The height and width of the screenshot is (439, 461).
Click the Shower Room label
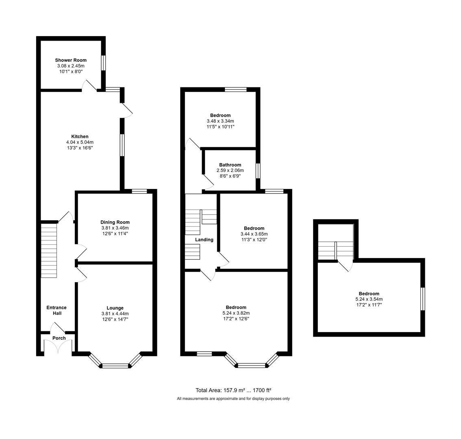[x=71, y=60]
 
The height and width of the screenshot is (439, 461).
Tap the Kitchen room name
[x=80, y=137]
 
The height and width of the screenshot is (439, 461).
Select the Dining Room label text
[x=115, y=222]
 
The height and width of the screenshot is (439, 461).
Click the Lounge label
[x=115, y=308]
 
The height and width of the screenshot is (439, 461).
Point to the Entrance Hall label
[x=57, y=311]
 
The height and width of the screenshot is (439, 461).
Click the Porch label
[x=59, y=338]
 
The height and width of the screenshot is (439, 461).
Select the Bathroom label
[x=230, y=165]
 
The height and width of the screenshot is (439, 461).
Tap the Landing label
[x=204, y=240]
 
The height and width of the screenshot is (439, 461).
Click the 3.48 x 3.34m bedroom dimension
[x=220, y=121]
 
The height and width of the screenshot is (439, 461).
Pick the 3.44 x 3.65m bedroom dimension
[x=254, y=234]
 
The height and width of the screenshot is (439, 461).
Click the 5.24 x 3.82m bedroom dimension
[x=236, y=313]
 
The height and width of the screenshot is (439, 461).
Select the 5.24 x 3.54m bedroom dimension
[x=369, y=299]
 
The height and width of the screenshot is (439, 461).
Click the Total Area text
[x=233, y=390]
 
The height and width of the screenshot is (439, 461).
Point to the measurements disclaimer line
[x=233, y=399]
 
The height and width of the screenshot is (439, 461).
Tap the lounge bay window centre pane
[x=115, y=366]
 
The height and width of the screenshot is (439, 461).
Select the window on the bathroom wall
[x=258, y=170]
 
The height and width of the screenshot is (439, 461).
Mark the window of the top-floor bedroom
[x=422, y=299]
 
